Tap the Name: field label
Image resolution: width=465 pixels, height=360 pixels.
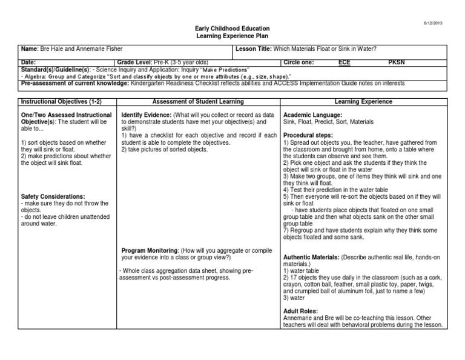tap(30, 48)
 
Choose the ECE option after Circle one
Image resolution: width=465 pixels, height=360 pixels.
tap(344, 62)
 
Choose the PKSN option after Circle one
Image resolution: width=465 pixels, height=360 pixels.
tap(397, 62)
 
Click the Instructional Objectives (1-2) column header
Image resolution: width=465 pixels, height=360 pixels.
tap(58, 102)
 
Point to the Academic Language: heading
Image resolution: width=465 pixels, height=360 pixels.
tap(313, 115)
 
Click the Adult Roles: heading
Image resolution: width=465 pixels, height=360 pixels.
tap(302, 310)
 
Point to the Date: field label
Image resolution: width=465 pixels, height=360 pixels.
tap(28, 62)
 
